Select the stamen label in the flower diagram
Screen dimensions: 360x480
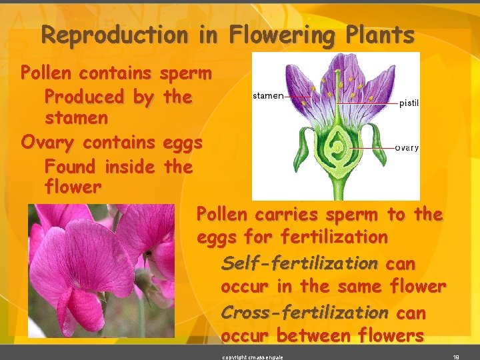(x=268, y=96)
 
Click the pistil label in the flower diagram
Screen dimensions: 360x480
(x=409, y=103)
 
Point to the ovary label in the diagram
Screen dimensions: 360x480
(x=407, y=147)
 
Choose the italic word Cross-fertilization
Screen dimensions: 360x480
(x=304, y=312)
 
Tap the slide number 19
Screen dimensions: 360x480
(x=455, y=357)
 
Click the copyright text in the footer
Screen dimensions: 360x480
(x=253, y=357)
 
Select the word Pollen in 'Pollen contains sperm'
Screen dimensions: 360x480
(x=45, y=72)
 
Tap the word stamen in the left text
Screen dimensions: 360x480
(x=75, y=119)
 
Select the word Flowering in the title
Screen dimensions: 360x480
(x=284, y=35)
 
